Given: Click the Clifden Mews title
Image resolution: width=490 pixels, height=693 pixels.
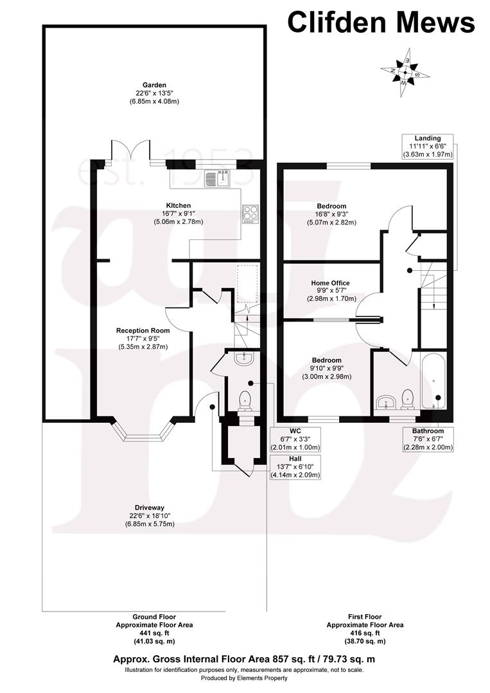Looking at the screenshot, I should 381,22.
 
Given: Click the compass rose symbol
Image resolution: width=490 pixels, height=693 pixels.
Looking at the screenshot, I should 405,72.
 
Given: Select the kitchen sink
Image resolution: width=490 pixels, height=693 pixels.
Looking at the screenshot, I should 218,178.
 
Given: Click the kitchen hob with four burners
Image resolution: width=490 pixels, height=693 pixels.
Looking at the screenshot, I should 250,213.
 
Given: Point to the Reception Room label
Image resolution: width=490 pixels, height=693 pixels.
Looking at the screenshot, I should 143,330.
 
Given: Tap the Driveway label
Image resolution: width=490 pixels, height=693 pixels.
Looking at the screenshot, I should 146,508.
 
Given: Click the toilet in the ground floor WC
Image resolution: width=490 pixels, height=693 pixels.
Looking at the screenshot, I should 245,400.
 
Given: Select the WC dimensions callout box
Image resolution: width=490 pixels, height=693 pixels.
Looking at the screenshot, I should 296,439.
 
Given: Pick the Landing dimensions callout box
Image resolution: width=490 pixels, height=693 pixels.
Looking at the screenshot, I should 428,146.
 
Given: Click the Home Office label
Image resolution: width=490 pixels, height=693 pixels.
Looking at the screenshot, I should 331,283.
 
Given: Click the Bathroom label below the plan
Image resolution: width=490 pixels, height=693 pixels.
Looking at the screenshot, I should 428,431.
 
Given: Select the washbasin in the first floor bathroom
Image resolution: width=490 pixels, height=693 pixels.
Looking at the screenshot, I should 385,402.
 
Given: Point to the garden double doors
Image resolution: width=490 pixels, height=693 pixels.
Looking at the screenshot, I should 131,151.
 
